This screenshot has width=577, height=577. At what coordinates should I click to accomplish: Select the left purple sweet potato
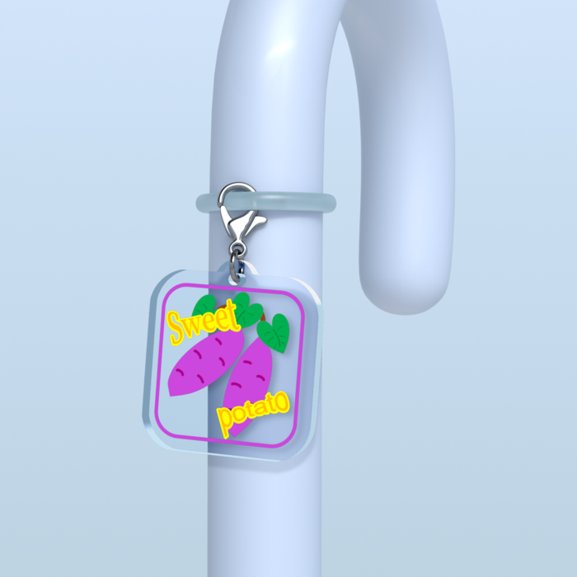click(x=205, y=363)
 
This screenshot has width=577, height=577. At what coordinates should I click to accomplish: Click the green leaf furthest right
click(x=274, y=333)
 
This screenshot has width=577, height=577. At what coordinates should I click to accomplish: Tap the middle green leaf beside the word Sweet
click(x=247, y=310)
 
